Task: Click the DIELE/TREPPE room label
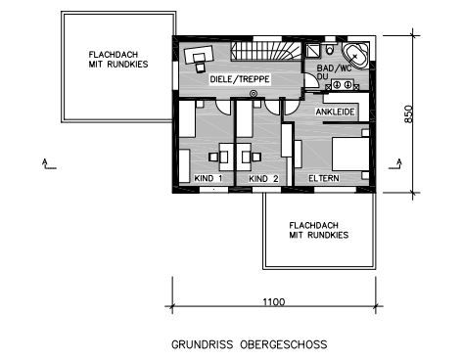tap(240, 79)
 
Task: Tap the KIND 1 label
tap(208, 178)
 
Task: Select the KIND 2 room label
tap(263, 179)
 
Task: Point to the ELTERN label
tap(324, 178)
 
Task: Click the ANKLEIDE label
tap(335, 112)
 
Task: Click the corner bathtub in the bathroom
tap(355, 56)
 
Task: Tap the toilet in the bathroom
tap(330, 48)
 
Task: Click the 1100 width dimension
tap(274, 302)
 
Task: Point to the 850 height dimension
tap(408, 113)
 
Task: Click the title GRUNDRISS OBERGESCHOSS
tap(250, 344)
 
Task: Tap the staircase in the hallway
tap(266, 51)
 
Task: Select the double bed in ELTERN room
tap(350, 154)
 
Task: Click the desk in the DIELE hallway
tap(199, 55)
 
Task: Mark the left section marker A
tap(48, 164)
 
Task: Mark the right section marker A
tap(395, 164)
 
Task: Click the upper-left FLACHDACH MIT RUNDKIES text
tap(118, 60)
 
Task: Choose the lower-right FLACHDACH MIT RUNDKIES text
tap(319, 230)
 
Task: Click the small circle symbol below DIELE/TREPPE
tap(254, 94)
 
